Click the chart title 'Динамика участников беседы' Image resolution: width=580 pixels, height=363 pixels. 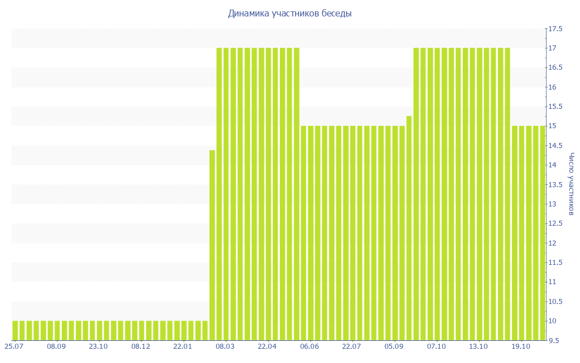pos(289,13)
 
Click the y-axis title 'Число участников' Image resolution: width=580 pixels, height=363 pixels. pos(572,184)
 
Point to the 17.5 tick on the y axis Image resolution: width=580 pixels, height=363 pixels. pos(555,29)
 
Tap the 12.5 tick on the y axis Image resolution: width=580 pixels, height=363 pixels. pos(555,223)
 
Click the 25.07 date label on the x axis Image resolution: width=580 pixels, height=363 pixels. pos(14,346)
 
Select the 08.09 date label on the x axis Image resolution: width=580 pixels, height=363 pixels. pos(57,346)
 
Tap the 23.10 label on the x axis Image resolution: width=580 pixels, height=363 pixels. pos(99,346)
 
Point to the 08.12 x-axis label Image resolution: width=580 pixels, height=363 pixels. pos(140,346)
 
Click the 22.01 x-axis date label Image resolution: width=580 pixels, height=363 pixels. pos(183,346)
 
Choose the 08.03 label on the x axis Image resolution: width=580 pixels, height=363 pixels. pos(225,346)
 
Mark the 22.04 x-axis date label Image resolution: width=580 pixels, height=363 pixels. pos(267,346)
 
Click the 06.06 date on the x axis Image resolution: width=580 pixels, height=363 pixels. pos(310,346)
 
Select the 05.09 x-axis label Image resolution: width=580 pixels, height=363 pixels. pos(394,346)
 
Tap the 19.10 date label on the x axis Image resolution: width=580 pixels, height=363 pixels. pos(521,346)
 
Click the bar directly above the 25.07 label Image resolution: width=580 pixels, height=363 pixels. pos(15,331)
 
